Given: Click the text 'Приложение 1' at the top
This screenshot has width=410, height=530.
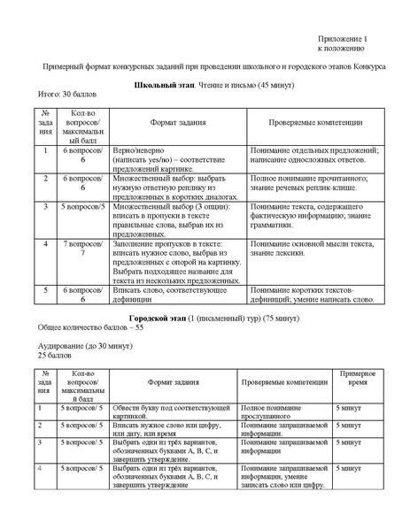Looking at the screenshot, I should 341,42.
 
